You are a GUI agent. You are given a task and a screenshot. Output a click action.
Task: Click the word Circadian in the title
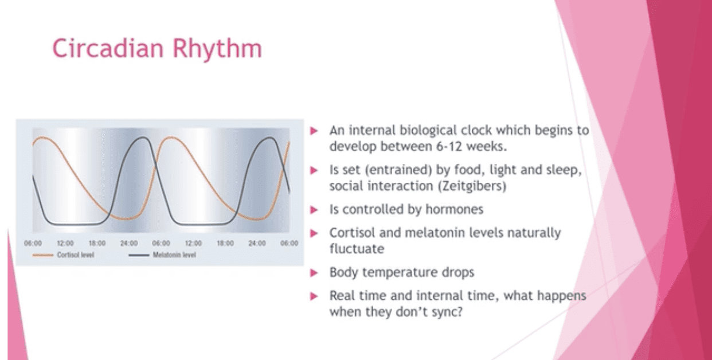[108, 48]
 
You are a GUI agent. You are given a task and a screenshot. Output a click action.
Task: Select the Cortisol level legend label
[76, 255]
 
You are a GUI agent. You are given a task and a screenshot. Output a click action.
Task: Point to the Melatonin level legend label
[174, 255]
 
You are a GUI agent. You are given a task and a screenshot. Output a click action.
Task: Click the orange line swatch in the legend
[42, 255]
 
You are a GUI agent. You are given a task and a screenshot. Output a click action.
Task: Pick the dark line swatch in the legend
[139, 255]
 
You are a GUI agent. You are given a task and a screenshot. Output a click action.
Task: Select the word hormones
[454, 209]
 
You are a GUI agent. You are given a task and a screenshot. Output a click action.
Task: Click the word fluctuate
[357, 249]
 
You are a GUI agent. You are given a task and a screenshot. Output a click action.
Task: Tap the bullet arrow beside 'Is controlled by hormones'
[314, 210]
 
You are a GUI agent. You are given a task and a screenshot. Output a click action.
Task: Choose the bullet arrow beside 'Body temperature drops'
[314, 273]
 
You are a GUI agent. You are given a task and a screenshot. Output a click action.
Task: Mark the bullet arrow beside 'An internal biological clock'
[314, 131]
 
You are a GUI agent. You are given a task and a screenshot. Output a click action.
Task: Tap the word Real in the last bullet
[342, 296]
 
